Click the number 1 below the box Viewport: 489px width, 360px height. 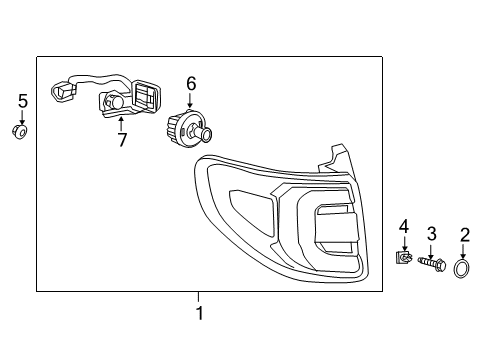coord(198,314)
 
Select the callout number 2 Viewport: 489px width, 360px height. coord(464,235)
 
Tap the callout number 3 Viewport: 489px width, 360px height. coord(431,234)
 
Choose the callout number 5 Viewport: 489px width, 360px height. coord(23,100)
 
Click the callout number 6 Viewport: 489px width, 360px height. coord(191,84)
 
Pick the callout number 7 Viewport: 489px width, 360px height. coord(122,139)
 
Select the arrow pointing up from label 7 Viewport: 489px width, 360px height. coord(122,123)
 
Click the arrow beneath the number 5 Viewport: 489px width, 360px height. coord(23,117)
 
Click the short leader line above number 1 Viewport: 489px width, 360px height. coord(198,297)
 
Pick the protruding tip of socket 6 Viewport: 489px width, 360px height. coord(208,135)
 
